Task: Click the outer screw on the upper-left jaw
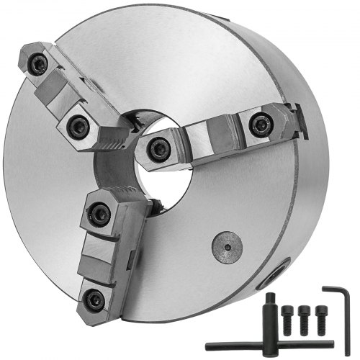(38, 66)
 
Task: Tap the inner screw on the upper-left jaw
(77, 127)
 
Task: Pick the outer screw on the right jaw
(260, 125)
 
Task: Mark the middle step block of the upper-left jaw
(58, 94)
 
